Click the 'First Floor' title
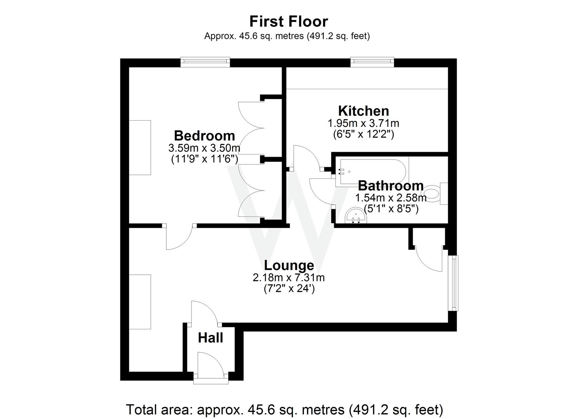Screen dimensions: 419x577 tap(288, 21)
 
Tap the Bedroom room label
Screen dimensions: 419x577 tap(204, 136)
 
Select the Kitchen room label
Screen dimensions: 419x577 tap(363, 111)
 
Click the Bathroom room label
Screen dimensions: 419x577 tap(390, 185)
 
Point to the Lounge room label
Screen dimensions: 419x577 tap(289, 265)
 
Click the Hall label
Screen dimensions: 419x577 tap(211, 338)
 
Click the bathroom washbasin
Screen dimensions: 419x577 tap(355, 216)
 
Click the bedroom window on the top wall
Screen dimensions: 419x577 tap(205, 62)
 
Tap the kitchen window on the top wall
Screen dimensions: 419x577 tap(372, 62)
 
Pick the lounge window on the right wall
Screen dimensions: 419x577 tap(453, 282)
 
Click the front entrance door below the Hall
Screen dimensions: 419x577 tap(211, 367)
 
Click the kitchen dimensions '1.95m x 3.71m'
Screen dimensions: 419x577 tap(363, 124)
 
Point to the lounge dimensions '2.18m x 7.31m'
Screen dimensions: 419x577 tap(289, 278)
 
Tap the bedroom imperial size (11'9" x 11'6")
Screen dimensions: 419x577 tap(204, 159)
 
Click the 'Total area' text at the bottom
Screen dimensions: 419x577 tap(284, 409)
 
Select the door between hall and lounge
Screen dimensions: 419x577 tap(205, 313)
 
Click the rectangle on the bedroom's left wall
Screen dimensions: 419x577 tap(140, 147)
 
